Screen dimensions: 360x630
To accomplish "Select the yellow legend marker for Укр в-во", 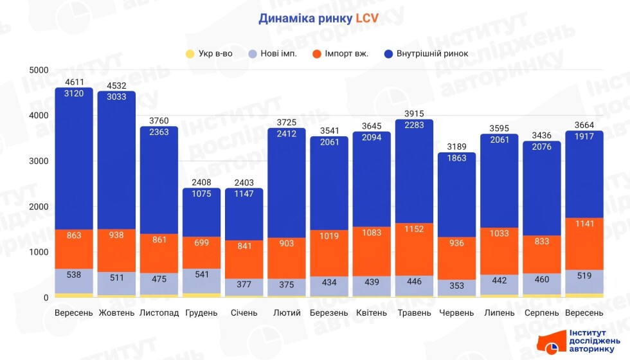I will [189, 53].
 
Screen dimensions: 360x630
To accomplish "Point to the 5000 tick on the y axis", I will [39, 70].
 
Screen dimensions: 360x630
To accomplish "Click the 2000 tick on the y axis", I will [39, 206].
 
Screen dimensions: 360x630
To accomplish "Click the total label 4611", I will [74, 82].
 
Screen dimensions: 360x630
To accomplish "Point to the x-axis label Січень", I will [244, 313].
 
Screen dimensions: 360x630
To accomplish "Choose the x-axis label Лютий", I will [287, 313].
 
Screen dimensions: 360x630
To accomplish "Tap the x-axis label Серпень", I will [541, 313].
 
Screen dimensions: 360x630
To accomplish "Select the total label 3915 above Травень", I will [415, 114].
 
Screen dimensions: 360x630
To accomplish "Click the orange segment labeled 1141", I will [584, 244].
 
